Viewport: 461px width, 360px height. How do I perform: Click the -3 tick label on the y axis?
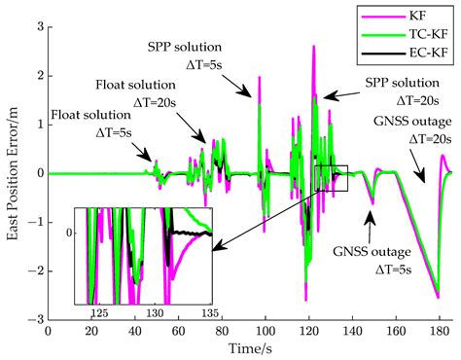tap(35, 319)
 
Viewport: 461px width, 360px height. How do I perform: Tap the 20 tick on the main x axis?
tap(91, 330)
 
